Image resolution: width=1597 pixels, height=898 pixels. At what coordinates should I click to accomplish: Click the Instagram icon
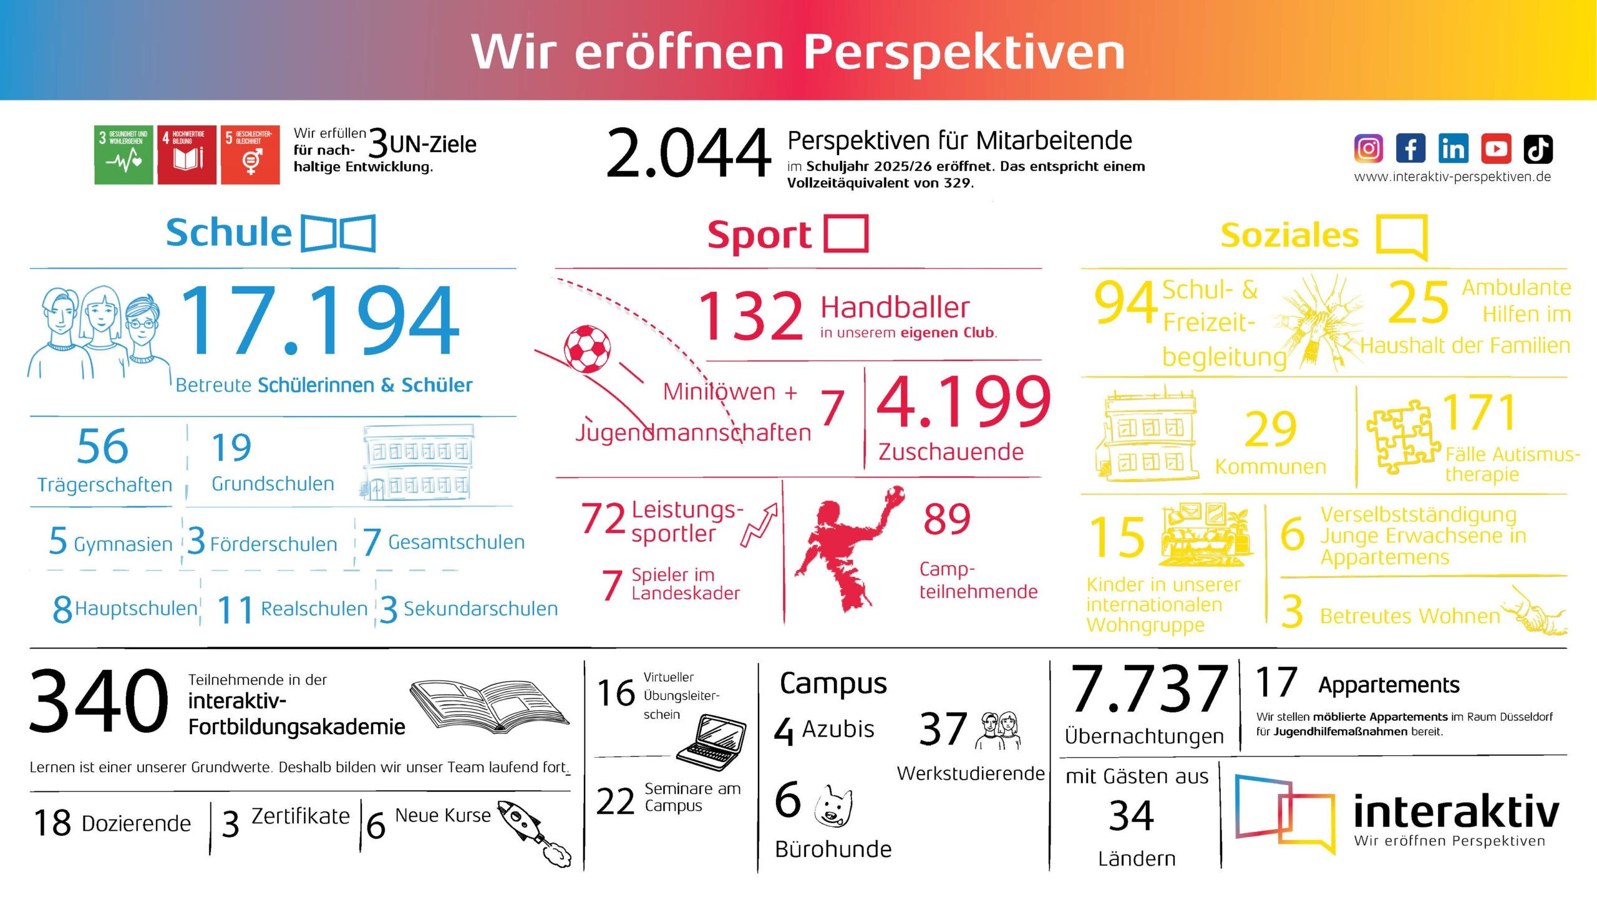[1369, 148]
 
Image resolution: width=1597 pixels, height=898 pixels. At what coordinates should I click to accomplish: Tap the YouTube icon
[1496, 148]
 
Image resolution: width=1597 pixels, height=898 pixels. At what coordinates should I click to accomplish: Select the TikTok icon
[1538, 148]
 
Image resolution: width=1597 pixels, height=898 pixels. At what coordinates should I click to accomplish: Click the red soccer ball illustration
[587, 349]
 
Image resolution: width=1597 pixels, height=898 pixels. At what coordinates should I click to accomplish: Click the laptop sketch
[712, 743]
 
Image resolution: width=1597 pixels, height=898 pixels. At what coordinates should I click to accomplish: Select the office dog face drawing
[833, 806]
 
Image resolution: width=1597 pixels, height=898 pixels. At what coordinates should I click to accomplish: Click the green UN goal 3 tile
[124, 155]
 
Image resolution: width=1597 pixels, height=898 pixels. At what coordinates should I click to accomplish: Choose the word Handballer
[895, 307]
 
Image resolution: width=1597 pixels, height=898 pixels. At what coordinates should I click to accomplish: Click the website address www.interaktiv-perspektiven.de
[1452, 177]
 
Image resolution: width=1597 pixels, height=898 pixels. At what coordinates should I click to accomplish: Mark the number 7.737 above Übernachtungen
[1148, 688]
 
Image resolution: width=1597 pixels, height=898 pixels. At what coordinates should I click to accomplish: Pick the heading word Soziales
[1289, 235]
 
